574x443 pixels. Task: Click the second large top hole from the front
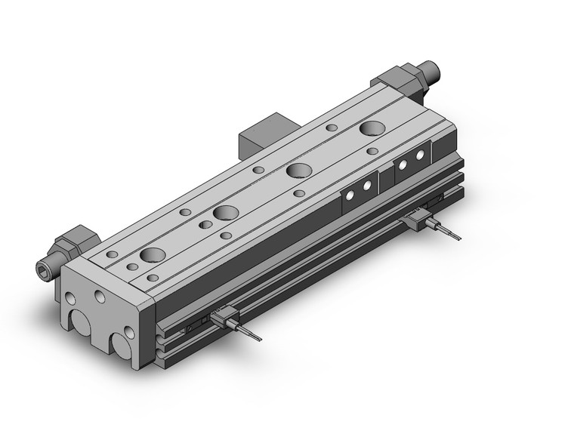coord(225,213)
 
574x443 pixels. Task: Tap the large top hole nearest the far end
coord(371,128)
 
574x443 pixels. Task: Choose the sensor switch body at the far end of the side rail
coord(418,221)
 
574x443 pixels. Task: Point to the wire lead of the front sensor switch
coord(249,332)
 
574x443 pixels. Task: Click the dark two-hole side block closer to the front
coord(359,190)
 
